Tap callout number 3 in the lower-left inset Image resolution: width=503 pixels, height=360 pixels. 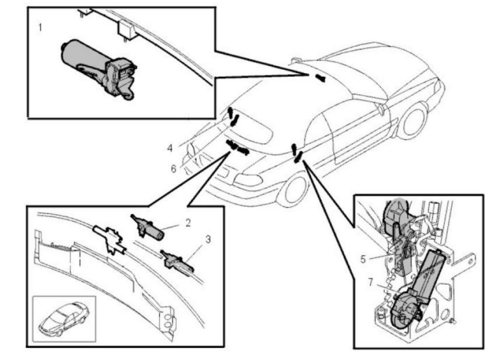tap(208, 239)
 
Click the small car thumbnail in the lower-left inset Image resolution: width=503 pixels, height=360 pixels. tap(64, 319)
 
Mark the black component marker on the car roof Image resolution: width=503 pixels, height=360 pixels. tap(320, 78)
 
